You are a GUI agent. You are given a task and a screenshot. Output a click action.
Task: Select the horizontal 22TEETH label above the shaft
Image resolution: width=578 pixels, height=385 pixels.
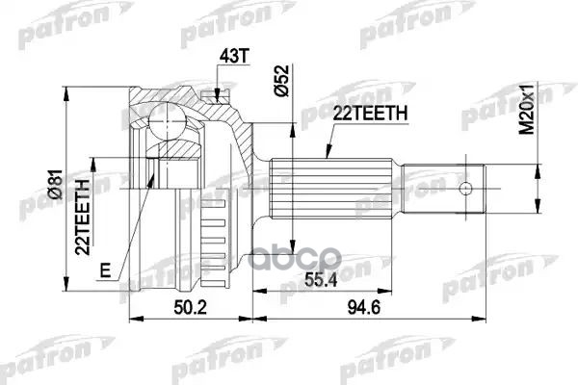(x=369, y=114)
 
